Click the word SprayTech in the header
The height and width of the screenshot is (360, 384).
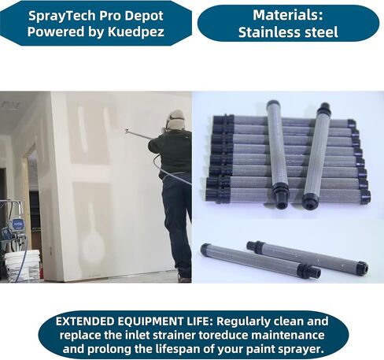(x=62, y=16)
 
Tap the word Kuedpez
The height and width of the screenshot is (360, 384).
(x=136, y=32)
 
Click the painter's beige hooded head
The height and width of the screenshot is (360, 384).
(x=175, y=120)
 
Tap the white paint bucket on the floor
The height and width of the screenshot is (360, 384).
(x=22, y=265)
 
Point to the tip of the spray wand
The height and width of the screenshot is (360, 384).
(x=126, y=130)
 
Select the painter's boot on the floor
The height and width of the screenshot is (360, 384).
(x=184, y=278)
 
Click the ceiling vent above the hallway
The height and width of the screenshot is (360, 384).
(x=10, y=106)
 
